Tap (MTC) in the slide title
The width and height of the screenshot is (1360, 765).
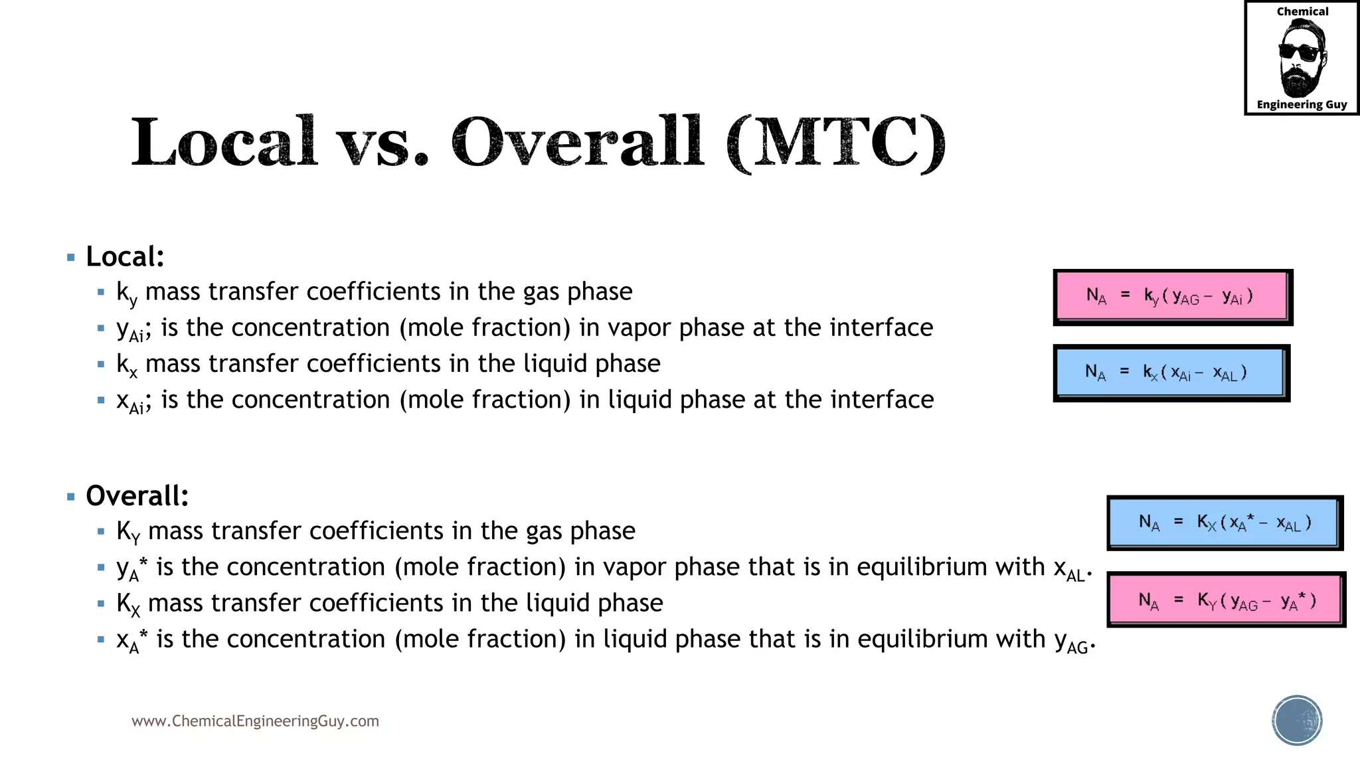836,143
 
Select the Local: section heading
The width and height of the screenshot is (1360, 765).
125,257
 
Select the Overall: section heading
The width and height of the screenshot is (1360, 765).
137,496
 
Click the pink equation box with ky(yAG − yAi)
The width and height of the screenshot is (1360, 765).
1171,296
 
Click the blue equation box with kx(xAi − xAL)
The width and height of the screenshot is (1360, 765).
1170,373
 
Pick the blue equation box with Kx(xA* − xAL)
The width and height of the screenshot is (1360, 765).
1223,523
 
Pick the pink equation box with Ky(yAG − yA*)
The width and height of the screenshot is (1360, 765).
1225,600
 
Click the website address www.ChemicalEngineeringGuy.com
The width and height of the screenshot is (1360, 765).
255,721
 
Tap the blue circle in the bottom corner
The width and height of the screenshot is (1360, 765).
1297,721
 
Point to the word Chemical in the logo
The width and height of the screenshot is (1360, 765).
1302,12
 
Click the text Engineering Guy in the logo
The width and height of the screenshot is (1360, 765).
1302,104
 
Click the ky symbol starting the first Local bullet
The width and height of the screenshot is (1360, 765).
126,294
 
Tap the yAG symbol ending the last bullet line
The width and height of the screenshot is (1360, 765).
1071,641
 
